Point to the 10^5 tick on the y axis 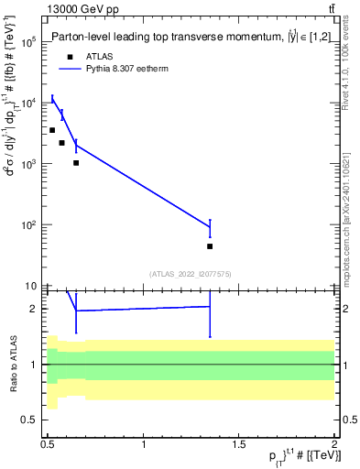coord(28,42)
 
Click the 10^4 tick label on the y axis coord(28,103)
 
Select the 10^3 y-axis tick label coord(28,164)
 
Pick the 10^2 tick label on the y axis coord(28,225)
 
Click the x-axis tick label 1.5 coord(239,444)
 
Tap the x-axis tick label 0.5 coord(49,444)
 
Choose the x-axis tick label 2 coord(334,444)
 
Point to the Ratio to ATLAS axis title coord(11,365)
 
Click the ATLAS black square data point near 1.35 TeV coord(210,246)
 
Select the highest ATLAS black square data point coord(52,130)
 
